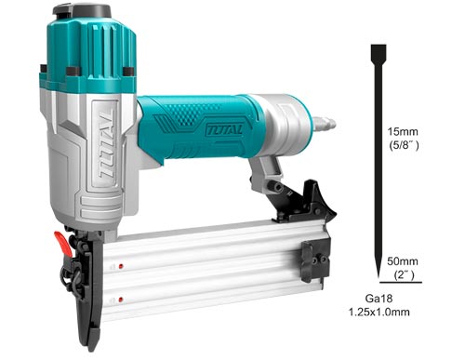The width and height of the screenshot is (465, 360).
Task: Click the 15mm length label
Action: [x=403, y=132]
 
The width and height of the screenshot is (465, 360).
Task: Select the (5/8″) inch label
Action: [x=404, y=145]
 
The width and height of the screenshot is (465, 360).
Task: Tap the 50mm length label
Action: [x=403, y=261]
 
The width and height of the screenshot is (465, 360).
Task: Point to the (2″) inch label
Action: [x=404, y=274]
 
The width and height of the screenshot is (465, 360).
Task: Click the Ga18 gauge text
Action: [x=379, y=299]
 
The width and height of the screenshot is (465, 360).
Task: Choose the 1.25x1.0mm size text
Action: [x=379, y=312]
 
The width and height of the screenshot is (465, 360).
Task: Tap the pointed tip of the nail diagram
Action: [x=379, y=276]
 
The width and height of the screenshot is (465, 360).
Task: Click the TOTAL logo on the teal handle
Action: [x=224, y=128]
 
